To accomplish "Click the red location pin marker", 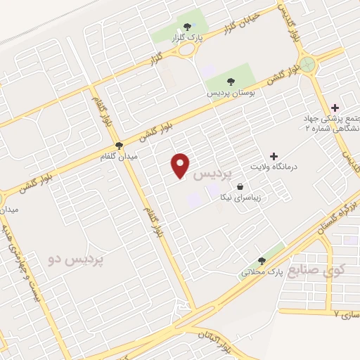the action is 181,165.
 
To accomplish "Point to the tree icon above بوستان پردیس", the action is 231,81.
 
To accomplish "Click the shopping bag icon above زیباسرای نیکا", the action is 242,186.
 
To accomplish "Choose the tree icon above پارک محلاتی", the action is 262,260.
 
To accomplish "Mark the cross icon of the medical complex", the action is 334,109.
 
